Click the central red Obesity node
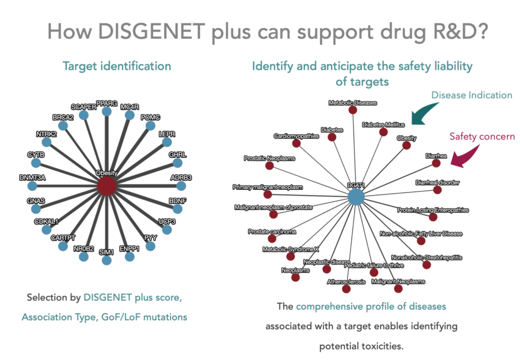(x=106, y=185)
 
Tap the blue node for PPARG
(x=106, y=111)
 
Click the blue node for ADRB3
(x=181, y=185)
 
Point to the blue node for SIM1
(x=106, y=260)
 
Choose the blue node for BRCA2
(x=62, y=125)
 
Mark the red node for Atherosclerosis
(x=346, y=289)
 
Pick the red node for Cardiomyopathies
(x=297, y=144)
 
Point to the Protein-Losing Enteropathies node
(x=433, y=217)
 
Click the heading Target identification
(x=117, y=66)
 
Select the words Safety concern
(x=482, y=136)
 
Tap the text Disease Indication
(x=472, y=95)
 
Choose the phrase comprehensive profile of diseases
(x=371, y=307)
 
